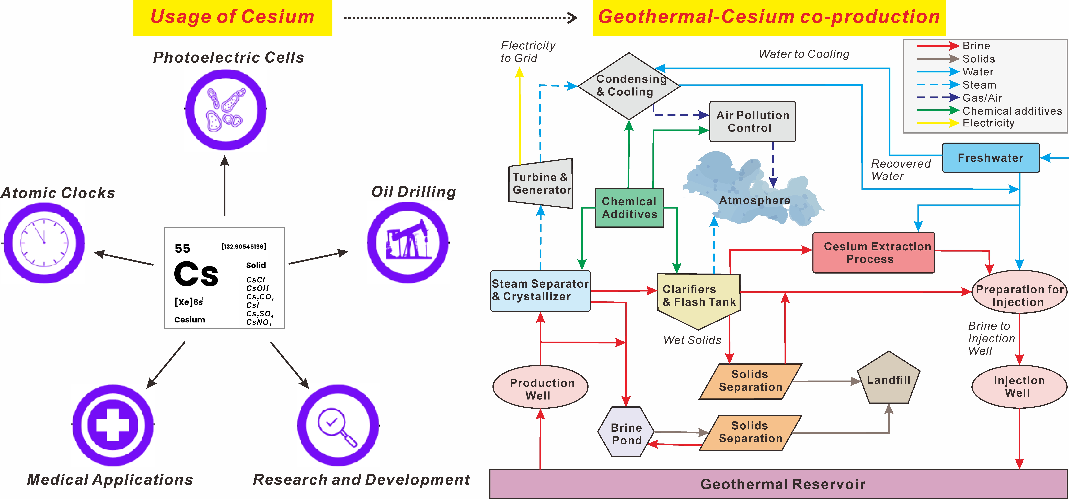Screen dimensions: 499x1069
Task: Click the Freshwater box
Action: [991, 158]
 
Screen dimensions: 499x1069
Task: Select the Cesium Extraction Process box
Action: [873, 252]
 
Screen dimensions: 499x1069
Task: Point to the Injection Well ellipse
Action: [1019, 386]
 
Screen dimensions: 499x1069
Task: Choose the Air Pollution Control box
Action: [752, 121]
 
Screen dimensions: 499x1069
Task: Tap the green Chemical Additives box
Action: [629, 208]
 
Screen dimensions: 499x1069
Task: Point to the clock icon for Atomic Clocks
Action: [44, 242]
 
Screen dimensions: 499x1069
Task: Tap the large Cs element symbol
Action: [196, 274]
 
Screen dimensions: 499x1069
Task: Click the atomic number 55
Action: [182, 248]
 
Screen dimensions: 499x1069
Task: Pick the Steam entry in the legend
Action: [979, 85]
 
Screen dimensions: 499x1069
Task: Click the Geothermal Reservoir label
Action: [782, 484]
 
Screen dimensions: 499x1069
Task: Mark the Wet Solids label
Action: [692, 340]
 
